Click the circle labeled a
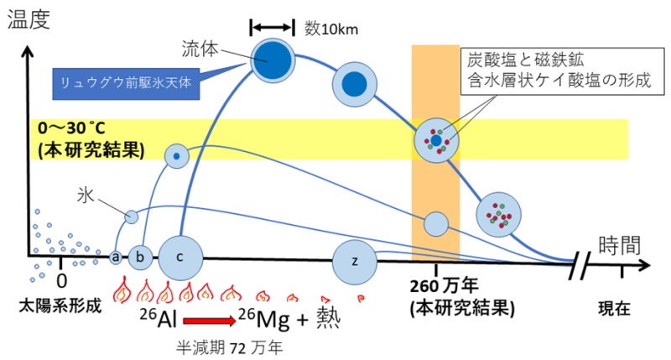[117, 256]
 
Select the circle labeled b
[140, 256]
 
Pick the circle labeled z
[355, 260]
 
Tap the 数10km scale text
[331, 29]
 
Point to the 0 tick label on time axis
[61, 281]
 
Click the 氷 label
[86, 196]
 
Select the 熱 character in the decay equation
[325, 320]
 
